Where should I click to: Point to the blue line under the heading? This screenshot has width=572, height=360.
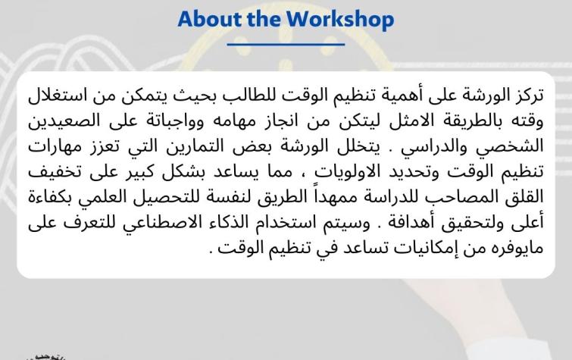tap(286, 45)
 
